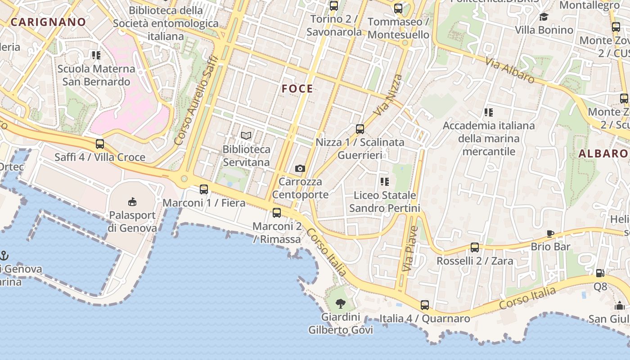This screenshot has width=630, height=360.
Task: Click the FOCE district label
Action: [x=297, y=89]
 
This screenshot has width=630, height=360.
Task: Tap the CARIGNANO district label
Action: [x=48, y=22]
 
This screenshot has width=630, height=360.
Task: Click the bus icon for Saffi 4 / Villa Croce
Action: [x=100, y=144]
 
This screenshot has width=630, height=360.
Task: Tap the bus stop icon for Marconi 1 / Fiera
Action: [x=204, y=189]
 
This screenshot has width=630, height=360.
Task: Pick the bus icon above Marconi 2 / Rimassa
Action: [x=277, y=213]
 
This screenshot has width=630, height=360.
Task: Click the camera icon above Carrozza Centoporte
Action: [x=300, y=168]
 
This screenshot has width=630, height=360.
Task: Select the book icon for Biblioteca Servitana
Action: [x=246, y=135]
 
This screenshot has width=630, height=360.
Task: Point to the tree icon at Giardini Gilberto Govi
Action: [x=341, y=303]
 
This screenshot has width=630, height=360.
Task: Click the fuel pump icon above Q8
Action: [x=600, y=273]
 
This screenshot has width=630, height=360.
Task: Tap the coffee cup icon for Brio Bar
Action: [x=550, y=233]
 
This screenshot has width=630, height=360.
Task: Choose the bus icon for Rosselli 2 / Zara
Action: [x=475, y=247]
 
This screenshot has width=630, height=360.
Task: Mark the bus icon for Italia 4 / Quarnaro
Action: [x=424, y=305]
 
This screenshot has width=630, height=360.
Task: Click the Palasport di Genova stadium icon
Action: [x=132, y=201]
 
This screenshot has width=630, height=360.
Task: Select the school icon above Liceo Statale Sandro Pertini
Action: [x=384, y=182]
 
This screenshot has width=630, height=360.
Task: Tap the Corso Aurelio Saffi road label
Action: [x=196, y=100]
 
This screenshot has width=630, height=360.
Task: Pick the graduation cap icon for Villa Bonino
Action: [x=544, y=17]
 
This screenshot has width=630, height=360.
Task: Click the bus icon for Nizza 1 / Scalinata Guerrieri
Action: [x=360, y=129]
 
